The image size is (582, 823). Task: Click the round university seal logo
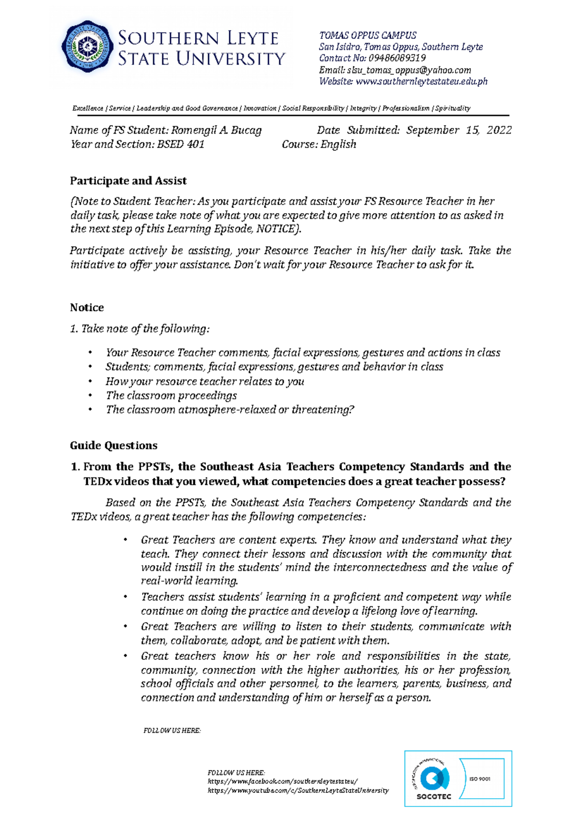tap(87, 47)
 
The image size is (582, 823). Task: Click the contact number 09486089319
tap(397, 58)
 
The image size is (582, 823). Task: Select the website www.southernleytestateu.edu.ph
tap(421, 81)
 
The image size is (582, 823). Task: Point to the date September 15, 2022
tap(458, 130)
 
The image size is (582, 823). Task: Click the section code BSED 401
tap(180, 144)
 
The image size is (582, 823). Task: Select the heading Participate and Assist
tap(128, 181)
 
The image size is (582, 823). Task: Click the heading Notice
tap(87, 307)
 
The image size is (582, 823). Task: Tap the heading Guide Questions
tap(113, 445)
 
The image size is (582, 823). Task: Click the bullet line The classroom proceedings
tap(171, 396)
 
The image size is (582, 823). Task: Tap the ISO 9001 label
tap(480, 779)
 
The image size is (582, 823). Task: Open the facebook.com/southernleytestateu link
tap(283, 781)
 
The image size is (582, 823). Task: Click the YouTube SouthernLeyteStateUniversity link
tap(298, 791)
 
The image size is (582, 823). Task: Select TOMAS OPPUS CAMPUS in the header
tap(368, 35)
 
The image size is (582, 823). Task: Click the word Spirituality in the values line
tap(453, 108)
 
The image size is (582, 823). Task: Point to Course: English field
tap(319, 144)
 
